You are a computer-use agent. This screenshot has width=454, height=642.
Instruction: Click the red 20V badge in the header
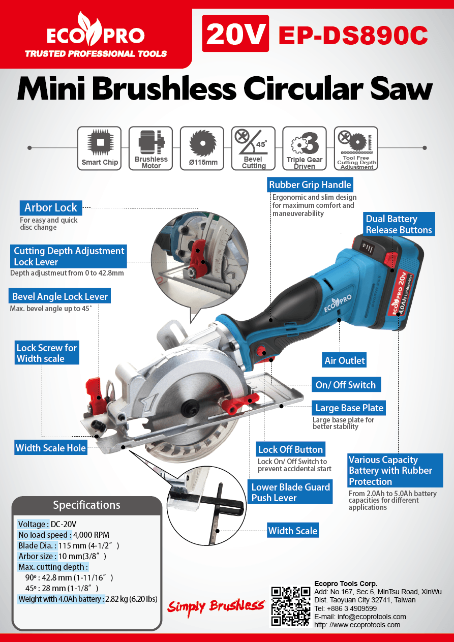[x=235, y=34]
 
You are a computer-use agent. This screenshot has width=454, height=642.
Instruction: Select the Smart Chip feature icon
[x=100, y=148]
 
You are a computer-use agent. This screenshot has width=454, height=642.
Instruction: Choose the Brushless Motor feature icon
[x=151, y=148]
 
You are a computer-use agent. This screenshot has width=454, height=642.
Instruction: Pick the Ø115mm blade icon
[x=202, y=148]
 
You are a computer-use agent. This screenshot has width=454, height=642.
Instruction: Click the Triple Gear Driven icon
[x=305, y=148]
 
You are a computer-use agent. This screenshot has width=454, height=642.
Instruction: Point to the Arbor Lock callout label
[x=50, y=207]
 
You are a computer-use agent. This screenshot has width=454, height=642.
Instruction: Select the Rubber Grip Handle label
[x=310, y=185]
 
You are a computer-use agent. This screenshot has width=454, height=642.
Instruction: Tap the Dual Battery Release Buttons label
[x=399, y=225]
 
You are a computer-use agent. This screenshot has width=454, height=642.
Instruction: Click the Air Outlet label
[x=345, y=360]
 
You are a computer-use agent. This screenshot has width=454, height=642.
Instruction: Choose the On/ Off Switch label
[x=346, y=385]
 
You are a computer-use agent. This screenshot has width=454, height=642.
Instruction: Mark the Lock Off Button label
[x=290, y=449]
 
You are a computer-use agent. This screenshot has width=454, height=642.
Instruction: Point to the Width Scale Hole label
[x=51, y=448]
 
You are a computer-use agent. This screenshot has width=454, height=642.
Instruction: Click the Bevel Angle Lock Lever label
[x=60, y=296]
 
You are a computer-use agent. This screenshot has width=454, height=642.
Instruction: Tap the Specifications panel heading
[x=86, y=505]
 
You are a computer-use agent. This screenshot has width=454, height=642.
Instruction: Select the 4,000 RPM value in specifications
[x=92, y=535]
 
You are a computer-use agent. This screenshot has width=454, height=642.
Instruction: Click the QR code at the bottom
[x=290, y=606]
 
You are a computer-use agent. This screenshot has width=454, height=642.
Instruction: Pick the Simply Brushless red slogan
[x=216, y=606]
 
